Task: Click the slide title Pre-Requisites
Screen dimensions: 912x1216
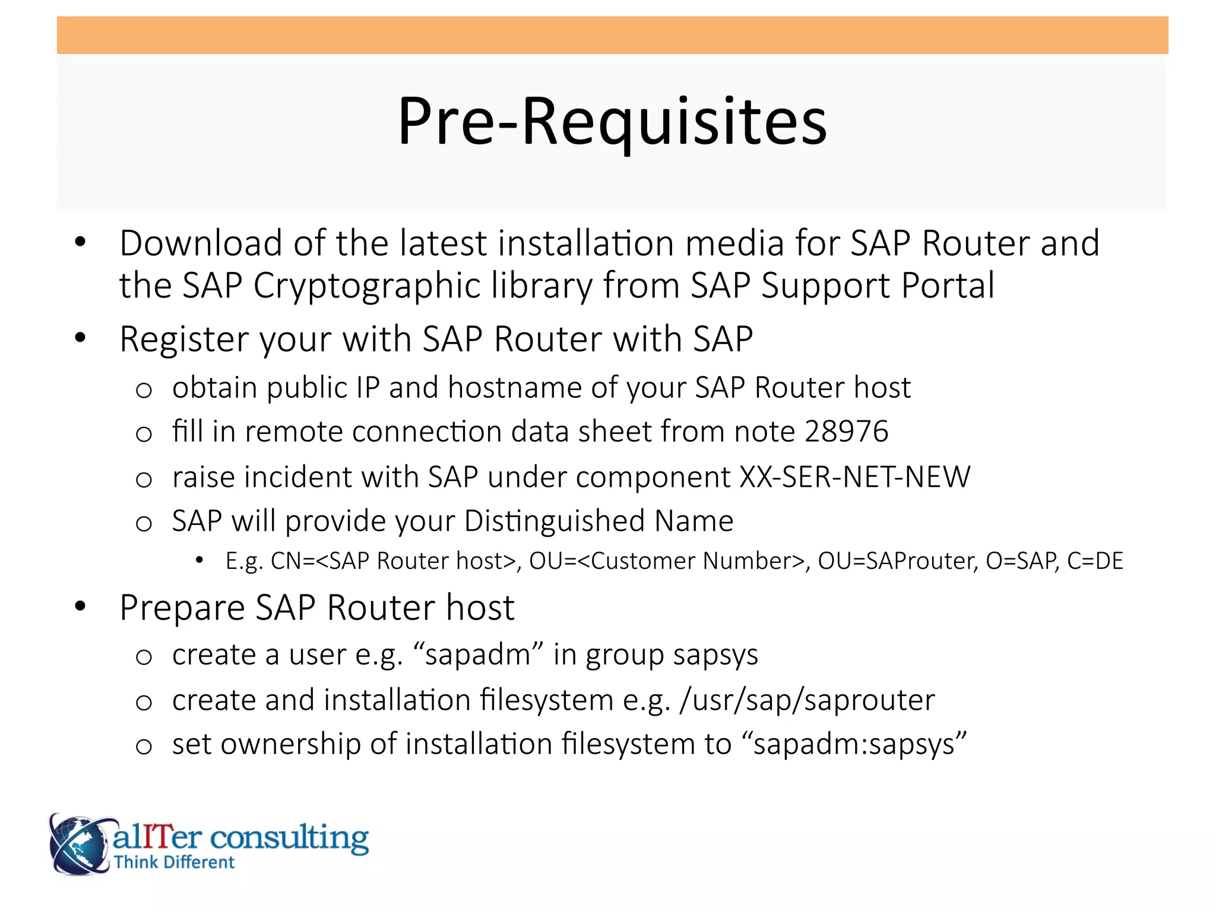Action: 612,122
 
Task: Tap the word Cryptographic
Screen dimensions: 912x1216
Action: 366,286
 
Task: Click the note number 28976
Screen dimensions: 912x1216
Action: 846,432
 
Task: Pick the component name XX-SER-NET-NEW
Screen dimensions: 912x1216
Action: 855,477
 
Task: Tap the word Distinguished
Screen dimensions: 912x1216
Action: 554,521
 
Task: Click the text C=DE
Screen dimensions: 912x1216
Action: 1095,561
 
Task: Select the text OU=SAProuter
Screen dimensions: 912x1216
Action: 897,561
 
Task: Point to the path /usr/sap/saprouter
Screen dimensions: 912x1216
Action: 807,700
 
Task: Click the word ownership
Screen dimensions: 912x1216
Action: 290,745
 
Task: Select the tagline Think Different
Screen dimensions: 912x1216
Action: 175,862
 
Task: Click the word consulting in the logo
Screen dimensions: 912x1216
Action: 290,838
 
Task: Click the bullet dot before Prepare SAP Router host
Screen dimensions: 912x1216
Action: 80,607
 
